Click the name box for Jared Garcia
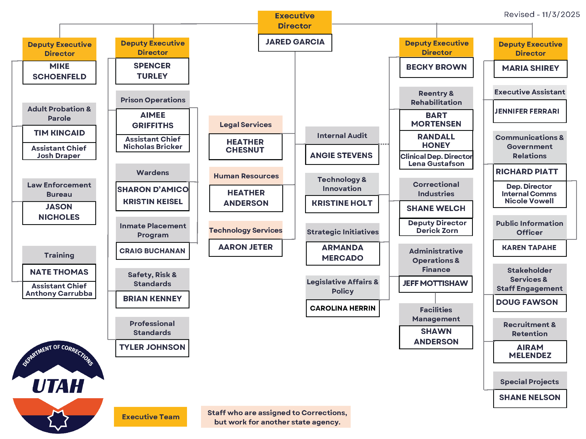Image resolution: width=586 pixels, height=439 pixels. click(295, 42)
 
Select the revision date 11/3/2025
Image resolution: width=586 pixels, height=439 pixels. click(561, 15)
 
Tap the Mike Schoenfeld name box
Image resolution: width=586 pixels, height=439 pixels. click(59, 72)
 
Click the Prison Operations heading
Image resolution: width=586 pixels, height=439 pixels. click(153, 100)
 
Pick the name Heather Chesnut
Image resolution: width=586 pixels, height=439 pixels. click(245, 146)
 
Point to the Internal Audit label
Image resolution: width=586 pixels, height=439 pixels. click(342, 136)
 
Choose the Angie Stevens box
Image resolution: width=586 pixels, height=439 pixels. click(342, 155)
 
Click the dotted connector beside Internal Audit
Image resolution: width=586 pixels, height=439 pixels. click(384, 144)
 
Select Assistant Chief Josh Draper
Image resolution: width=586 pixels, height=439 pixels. click(59, 152)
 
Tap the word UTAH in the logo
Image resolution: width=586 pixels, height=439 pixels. click(58, 386)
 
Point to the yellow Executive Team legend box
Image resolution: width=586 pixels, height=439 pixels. click(150, 417)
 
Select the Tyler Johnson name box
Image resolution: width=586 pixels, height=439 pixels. click(152, 348)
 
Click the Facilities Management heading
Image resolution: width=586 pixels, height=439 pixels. click(436, 314)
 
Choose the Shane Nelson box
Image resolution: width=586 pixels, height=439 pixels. click(529, 398)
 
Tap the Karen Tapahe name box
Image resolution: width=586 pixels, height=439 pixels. click(529, 248)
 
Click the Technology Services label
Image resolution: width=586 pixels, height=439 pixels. click(245, 230)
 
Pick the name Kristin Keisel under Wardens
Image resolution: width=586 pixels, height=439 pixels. click(153, 202)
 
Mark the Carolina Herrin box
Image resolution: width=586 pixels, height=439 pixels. click(342, 308)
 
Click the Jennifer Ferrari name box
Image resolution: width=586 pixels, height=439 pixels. click(529, 111)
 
